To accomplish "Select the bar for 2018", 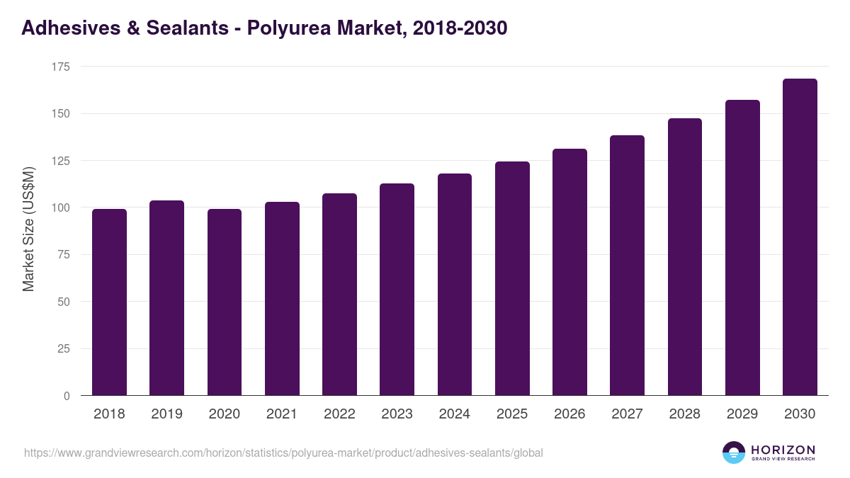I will (x=109, y=302).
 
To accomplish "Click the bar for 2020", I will (x=225, y=302).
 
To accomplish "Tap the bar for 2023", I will (x=397, y=290).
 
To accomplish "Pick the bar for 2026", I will (x=569, y=273).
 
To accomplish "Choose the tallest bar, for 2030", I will (x=800, y=237).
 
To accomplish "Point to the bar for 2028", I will (x=684, y=257).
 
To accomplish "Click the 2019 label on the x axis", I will (x=166, y=414).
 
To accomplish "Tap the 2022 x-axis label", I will (x=339, y=414).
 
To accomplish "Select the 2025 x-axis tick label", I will (x=512, y=414).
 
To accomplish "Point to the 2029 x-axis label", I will (x=742, y=414).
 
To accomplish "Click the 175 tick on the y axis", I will (x=61, y=67).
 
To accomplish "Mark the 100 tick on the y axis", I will (x=61, y=207).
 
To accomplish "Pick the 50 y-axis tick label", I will (x=64, y=302).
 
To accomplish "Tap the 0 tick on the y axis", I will (x=67, y=396).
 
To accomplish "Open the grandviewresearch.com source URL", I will (x=283, y=453).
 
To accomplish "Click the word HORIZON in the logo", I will (x=783, y=449).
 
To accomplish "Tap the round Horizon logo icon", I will (x=734, y=453).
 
